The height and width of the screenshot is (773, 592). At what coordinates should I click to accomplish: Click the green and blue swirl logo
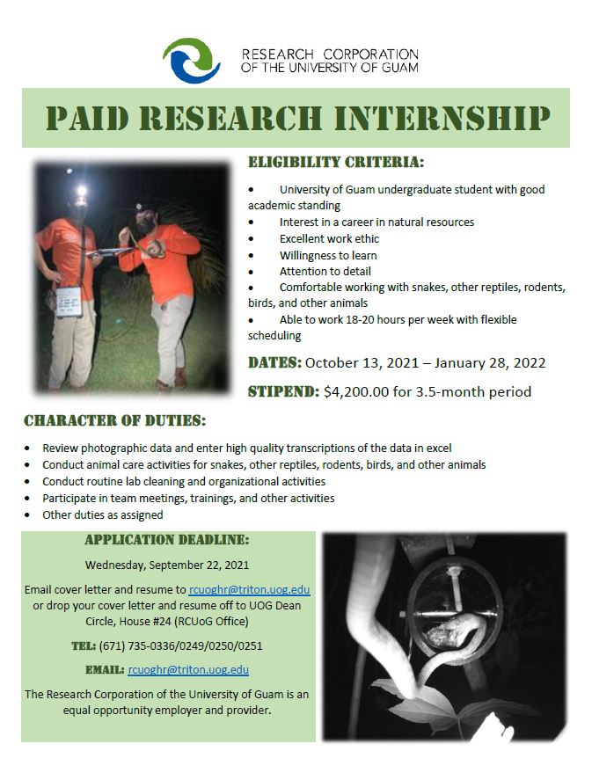pyautogui.click(x=192, y=61)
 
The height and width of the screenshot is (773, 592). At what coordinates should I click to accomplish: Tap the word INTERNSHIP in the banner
pyautogui.click(x=442, y=119)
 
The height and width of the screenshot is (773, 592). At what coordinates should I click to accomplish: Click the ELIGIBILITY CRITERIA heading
pyautogui.click(x=336, y=162)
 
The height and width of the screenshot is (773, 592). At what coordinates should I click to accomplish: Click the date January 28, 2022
pyautogui.click(x=490, y=363)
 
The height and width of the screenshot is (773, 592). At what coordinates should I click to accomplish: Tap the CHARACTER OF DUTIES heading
pyautogui.click(x=115, y=420)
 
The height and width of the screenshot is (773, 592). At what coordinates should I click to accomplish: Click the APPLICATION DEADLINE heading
pyautogui.click(x=167, y=540)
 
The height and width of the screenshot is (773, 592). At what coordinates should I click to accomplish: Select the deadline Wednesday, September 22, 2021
pyautogui.click(x=167, y=565)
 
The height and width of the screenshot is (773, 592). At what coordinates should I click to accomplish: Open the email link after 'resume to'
pyautogui.click(x=250, y=589)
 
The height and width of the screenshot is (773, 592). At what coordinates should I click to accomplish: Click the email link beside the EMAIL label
pyautogui.click(x=188, y=669)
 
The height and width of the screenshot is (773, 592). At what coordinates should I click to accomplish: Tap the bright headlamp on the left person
pyautogui.click(x=81, y=190)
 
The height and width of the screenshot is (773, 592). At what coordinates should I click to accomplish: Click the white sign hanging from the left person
pyautogui.click(x=69, y=302)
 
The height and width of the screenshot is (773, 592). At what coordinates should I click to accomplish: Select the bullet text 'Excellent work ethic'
pyautogui.click(x=329, y=239)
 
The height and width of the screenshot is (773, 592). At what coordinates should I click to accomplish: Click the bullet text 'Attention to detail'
pyautogui.click(x=325, y=272)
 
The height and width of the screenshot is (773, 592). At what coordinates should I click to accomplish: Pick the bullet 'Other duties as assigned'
pyautogui.click(x=103, y=515)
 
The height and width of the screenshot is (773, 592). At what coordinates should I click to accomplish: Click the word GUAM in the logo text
pyautogui.click(x=399, y=68)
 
